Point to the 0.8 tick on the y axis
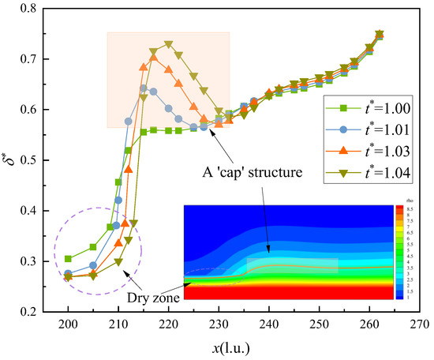(28, 9)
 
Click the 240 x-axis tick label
(268, 324)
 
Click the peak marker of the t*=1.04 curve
(168, 45)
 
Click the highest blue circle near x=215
(144, 88)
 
